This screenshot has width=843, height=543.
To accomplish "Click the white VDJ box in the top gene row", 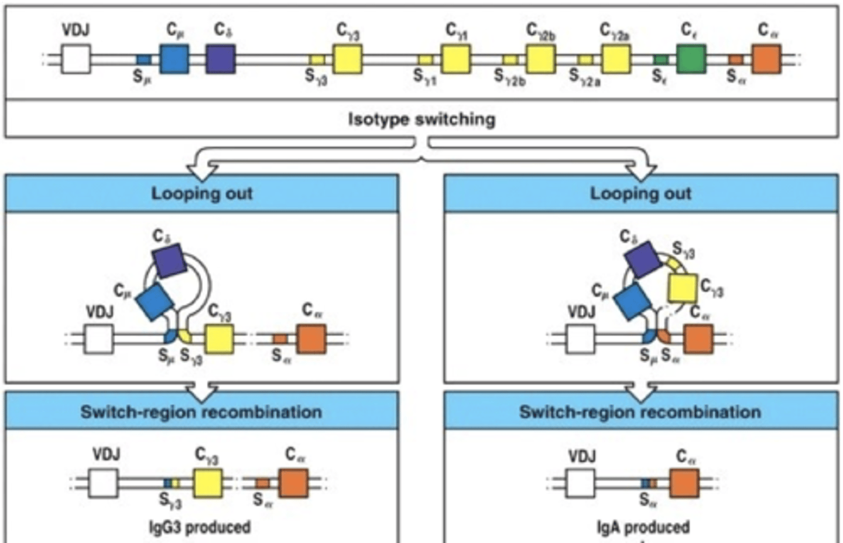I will [76, 59].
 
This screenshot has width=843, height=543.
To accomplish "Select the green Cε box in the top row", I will [691, 59].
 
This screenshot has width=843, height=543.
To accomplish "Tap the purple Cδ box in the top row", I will [221, 59].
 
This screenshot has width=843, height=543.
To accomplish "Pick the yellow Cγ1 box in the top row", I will [456, 59].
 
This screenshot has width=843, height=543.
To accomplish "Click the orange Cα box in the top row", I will [766, 59].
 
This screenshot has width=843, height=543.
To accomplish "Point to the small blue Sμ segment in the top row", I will [143, 60].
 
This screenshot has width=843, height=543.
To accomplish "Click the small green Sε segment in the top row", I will [661, 60].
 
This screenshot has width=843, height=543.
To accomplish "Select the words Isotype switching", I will [421, 119].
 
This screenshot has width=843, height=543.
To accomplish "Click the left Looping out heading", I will [202, 193].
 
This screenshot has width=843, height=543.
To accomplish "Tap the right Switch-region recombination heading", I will [640, 412].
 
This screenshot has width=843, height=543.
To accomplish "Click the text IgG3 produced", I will [200, 527].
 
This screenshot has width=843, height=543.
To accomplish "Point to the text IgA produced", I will [643, 527].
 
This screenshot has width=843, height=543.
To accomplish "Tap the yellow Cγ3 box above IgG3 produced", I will [208, 483].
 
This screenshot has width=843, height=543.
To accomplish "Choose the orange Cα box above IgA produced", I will [684, 483].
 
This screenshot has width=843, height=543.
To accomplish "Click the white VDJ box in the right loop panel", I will [580, 339].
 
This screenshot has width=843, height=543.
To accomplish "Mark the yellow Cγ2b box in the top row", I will [540, 59].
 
